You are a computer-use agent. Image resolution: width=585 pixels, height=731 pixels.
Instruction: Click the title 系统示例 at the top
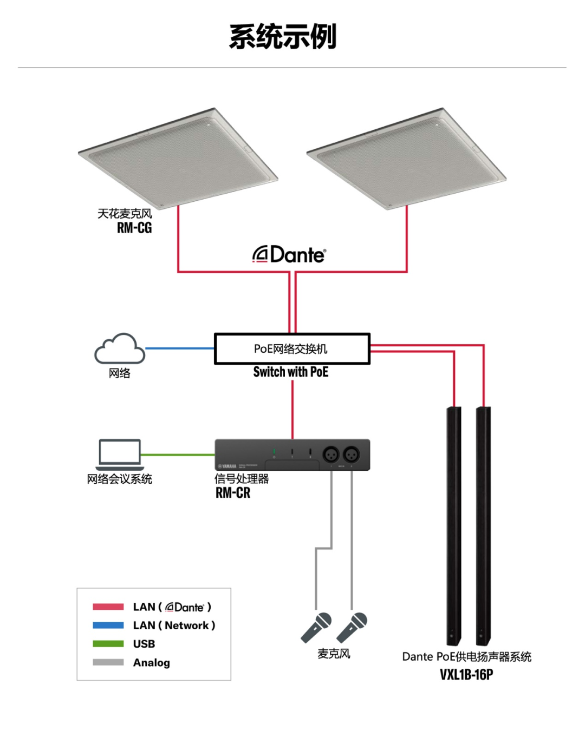point(283,36)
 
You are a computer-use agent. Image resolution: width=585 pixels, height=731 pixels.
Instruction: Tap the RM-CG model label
point(134,228)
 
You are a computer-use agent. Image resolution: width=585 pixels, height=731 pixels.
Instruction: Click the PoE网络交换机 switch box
point(292,348)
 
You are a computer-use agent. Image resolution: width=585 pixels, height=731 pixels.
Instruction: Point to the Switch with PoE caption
point(291,372)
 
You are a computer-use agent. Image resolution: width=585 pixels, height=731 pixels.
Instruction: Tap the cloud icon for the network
point(120,348)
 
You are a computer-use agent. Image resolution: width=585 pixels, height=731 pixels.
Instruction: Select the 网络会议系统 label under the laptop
point(119,479)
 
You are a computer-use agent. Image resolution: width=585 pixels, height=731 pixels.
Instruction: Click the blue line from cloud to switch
point(180,348)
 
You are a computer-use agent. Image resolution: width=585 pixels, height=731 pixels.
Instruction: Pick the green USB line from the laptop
point(178,455)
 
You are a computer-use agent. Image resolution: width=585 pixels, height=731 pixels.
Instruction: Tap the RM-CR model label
point(233,492)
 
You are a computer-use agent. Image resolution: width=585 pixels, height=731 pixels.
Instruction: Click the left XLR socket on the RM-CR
point(331,454)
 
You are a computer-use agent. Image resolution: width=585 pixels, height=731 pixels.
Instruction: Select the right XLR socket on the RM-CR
point(352,454)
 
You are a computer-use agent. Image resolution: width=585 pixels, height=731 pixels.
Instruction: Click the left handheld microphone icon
point(316,628)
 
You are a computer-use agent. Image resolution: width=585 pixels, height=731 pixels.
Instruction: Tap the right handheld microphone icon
point(352,628)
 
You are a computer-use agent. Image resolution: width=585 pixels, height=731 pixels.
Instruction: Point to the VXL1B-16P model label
point(466,675)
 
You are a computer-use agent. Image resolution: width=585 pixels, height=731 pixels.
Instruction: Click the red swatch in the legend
point(108,607)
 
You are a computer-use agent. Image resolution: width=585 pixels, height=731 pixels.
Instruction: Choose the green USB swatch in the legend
point(108,644)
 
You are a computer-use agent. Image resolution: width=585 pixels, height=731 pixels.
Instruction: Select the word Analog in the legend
point(151,663)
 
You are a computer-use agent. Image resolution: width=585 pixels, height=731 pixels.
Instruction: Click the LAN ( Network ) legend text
point(174,625)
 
